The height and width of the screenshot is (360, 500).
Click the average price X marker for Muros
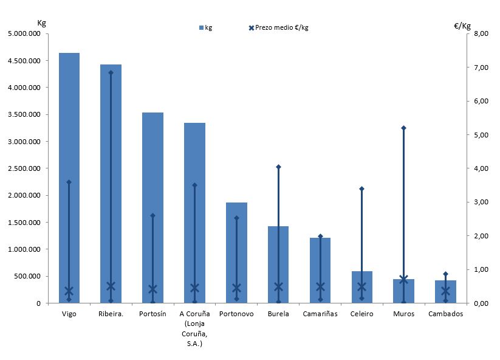click(403, 280)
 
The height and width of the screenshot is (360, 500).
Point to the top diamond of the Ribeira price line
click(111, 72)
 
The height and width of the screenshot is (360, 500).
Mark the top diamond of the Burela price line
click(278, 167)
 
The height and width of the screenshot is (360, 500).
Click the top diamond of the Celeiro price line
click(361, 189)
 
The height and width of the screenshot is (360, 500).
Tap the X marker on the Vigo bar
click(69, 291)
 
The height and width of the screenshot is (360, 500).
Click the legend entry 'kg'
click(205, 27)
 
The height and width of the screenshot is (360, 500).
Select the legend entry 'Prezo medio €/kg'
click(278, 27)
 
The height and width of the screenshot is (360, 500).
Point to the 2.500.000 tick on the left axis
click(24, 168)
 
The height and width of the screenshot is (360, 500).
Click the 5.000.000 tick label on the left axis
click(24, 34)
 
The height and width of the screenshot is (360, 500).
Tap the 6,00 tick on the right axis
click(479, 101)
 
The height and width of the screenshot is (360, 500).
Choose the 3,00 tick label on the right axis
click(479, 202)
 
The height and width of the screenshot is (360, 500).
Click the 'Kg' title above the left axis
click(42, 23)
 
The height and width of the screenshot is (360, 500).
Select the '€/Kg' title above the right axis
click(462, 26)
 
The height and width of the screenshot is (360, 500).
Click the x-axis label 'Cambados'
click(445, 314)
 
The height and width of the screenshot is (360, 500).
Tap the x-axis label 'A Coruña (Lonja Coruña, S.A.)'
click(194, 329)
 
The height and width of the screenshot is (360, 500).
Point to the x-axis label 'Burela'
click(278, 314)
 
